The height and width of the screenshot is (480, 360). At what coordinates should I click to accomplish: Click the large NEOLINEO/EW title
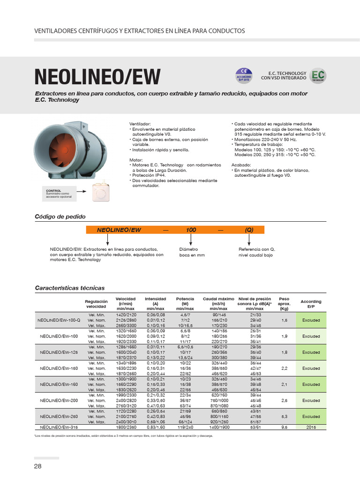(97, 77)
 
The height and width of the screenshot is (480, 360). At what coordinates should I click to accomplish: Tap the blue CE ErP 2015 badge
(244, 75)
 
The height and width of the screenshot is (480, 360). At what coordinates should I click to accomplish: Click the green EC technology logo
(318, 76)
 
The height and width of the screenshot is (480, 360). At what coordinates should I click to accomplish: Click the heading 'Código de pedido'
(60, 217)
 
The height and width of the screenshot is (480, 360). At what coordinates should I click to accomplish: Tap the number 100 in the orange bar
(191, 230)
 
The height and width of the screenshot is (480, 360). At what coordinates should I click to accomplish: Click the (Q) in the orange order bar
(249, 230)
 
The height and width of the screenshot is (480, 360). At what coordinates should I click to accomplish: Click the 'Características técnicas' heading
(70, 288)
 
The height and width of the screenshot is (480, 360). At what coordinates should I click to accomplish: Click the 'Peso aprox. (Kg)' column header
(284, 304)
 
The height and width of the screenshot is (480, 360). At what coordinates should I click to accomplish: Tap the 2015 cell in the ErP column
(311, 427)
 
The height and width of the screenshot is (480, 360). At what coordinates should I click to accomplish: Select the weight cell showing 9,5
(284, 427)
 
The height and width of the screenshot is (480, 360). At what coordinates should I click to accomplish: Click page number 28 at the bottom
(38, 466)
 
